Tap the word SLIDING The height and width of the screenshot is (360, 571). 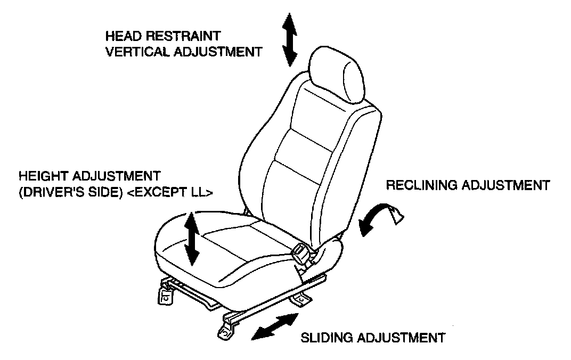pyautogui.click(x=325, y=338)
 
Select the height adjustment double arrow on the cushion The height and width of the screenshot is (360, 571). pyautogui.click(x=191, y=238)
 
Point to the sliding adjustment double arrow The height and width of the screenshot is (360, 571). pyautogui.click(x=275, y=326)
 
